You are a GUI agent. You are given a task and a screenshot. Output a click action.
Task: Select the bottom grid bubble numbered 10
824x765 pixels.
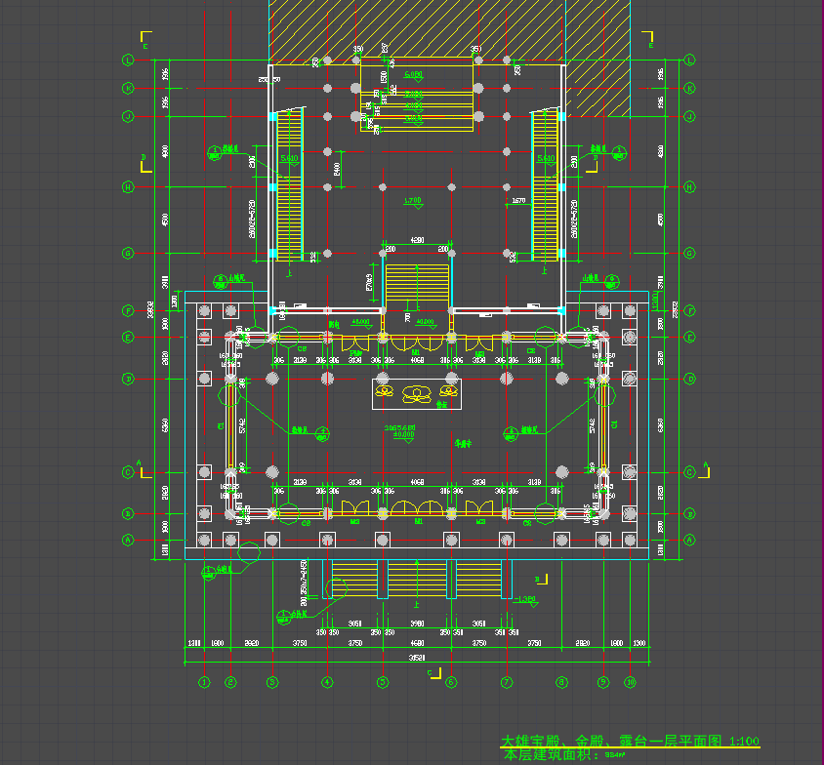(x=631, y=681)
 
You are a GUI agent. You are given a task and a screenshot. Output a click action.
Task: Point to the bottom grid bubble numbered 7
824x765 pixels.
(x=507, y=681)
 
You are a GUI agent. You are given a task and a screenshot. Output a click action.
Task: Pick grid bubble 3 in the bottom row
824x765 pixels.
(x=273, y=681)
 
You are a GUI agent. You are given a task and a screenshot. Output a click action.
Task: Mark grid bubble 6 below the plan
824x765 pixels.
(x=451, y=681)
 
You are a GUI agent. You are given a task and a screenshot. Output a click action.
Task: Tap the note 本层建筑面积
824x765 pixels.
(x=552, y=754)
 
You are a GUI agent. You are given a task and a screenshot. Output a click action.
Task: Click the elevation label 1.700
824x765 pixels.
(x=413, y=200)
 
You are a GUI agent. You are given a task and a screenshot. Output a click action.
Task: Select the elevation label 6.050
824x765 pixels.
(x=413, y=74)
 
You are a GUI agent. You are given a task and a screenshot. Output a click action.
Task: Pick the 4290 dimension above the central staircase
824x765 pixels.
(x=417, y=239)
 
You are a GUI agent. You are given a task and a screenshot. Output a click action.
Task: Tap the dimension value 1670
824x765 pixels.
(x=518, y=201)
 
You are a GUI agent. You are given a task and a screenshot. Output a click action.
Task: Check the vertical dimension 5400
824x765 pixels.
(x=337, y=169)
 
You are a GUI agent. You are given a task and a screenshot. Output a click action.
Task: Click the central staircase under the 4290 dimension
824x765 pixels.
(x=417, y=283)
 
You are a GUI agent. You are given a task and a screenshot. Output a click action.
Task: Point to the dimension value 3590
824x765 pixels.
(x=417, y=623)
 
